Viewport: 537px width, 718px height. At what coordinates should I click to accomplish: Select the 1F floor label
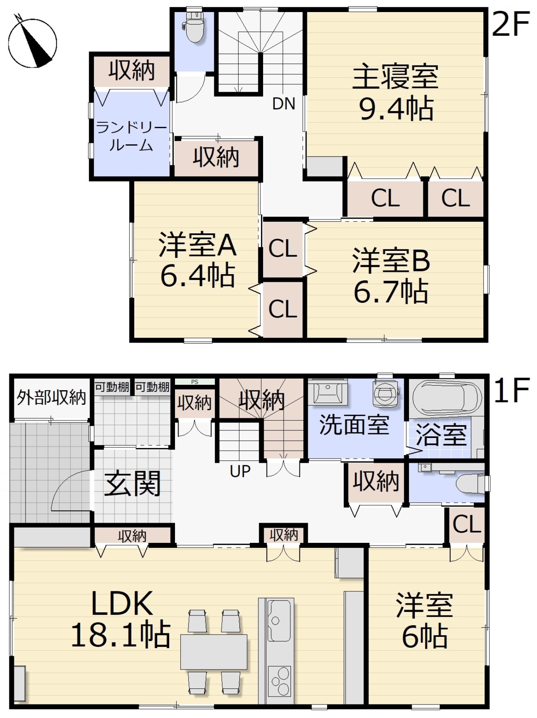(x=511, y=391)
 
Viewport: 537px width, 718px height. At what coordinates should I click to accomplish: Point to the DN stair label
(x=284, y=104)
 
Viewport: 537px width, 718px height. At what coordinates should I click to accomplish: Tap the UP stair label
(x=240, y=471)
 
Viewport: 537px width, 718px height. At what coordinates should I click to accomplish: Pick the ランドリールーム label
(x=131, y=136)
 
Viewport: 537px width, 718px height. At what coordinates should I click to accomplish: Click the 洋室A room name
(x=197, y=245)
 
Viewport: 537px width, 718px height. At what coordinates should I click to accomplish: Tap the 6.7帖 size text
(x=391, y=291)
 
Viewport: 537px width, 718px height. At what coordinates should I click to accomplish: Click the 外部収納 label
(x=51, y=397)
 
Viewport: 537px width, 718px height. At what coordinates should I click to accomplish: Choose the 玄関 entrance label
(x=132, y=483)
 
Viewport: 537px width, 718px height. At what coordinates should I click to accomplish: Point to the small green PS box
(x=195, y=382)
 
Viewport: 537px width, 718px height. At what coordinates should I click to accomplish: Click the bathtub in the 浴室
(x=447, y=399)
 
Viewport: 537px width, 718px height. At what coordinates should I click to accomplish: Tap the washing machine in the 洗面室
(x=386, y=392)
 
